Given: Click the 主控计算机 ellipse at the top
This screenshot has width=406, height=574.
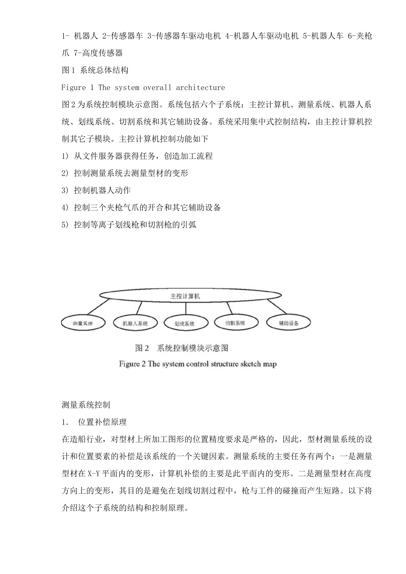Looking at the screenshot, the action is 185,296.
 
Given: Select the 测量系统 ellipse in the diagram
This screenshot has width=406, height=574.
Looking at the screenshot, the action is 82,323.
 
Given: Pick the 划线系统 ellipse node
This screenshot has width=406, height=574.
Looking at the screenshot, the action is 185,323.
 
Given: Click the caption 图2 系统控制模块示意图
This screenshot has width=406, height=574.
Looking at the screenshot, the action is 182,348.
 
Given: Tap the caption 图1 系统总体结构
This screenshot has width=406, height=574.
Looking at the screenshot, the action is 94,70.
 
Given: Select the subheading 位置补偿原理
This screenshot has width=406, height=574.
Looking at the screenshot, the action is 102,422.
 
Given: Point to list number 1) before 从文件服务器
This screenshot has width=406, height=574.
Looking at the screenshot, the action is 65,156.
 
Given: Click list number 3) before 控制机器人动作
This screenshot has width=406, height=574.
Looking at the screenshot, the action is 65,190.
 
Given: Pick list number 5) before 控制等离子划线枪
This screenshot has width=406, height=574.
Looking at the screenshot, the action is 65,225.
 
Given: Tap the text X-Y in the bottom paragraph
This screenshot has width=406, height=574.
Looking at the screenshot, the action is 93,474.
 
